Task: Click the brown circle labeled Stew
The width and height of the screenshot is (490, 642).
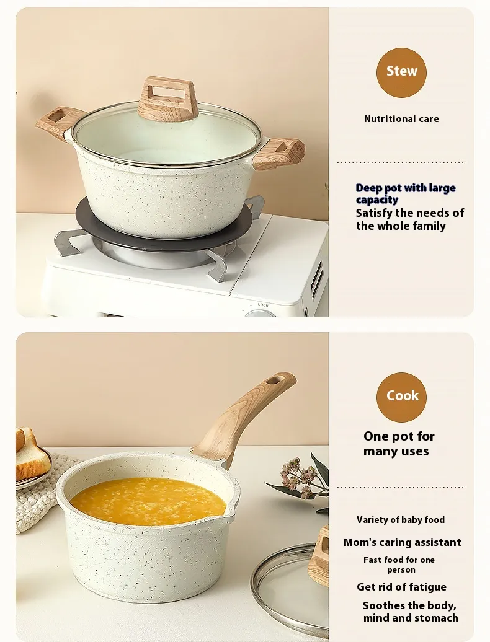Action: coord(401,73)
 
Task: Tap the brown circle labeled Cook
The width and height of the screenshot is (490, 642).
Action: coord(401,397)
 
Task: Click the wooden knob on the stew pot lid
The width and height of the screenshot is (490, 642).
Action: coord(168,99)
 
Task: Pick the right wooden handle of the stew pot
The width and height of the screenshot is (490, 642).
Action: coord(278,154)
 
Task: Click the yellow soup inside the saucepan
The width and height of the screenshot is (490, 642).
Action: coord(148,500)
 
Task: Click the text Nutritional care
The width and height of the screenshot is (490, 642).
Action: coord(401,119)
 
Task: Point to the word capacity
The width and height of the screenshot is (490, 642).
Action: coord(377,200)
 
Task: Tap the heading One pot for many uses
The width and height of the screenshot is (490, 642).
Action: coord(399,444)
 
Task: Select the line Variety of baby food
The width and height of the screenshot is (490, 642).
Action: coord(401,520)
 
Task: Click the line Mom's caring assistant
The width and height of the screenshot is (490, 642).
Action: coord(403,542)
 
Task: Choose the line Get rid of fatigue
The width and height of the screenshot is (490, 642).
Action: coord(401,587)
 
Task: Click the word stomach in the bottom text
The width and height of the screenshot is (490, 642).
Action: coord(437,618)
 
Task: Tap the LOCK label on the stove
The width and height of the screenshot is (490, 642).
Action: coord(263,305)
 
